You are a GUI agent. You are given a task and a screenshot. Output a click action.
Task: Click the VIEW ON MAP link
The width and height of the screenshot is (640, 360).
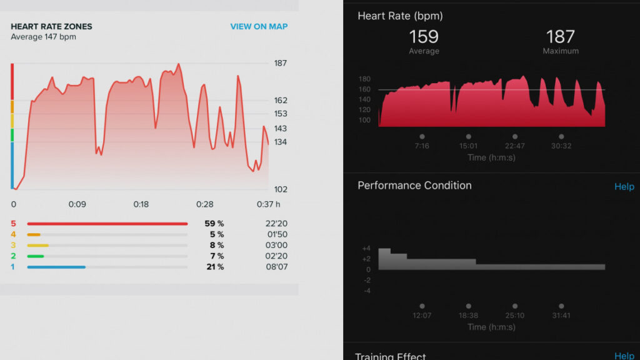[259, 27]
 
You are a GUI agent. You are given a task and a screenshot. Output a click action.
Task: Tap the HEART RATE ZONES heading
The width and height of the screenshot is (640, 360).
[51, 27]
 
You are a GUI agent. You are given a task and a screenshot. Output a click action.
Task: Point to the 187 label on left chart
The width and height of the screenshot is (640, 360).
[281, 63]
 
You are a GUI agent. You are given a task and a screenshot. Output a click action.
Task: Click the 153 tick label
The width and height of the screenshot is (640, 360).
[281, 114]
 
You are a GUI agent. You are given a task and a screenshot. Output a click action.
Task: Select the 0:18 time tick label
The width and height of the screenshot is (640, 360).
[141, 204]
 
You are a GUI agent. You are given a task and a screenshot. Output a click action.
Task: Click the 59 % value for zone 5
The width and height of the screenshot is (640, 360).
[214, 224]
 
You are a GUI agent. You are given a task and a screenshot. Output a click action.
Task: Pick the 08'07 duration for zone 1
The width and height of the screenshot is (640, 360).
[277, 267]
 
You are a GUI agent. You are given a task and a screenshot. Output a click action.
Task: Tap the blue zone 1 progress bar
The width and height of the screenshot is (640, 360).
[56, 267]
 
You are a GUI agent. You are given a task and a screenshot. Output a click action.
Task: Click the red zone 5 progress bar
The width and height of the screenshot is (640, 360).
[107, 224]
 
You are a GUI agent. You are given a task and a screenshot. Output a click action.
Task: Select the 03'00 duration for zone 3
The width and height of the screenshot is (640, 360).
[277, 245]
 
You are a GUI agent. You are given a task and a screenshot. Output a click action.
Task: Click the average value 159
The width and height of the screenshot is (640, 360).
[424, 36]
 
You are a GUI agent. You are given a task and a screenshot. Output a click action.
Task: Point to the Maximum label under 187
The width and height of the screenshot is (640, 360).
[561, 51]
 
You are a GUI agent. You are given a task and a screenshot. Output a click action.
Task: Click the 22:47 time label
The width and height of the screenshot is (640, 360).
[514, 146]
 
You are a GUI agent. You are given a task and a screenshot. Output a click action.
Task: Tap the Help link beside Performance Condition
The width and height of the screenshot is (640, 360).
[624, 187]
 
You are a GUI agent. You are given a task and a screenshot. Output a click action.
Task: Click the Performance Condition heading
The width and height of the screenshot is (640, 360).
[414, 186]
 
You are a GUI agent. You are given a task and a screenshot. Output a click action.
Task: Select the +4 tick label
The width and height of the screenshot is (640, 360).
[366, 249]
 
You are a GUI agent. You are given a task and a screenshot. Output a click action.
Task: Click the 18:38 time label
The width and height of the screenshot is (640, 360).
[468, 316]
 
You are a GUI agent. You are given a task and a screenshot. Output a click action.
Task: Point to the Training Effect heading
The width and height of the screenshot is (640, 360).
[391, 356]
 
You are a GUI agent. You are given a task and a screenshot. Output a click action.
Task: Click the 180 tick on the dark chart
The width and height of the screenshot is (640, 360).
[365, 79]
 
